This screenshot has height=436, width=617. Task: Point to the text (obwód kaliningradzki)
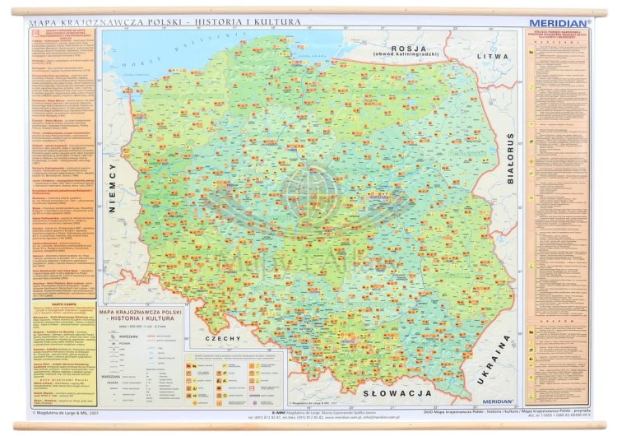click(409, 55)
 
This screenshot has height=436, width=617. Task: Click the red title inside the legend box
click(140, 317)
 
